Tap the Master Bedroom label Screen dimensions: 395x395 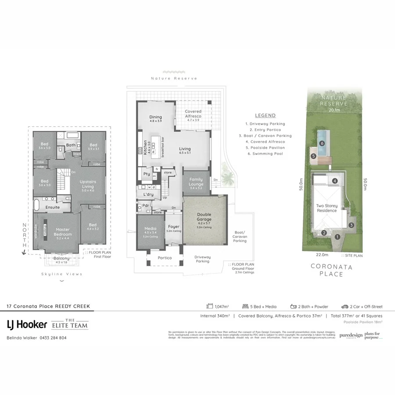coord(63,232)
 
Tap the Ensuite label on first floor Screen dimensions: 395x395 coord(53,207)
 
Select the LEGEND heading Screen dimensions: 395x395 coord(265,115)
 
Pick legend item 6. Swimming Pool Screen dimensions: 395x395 coord(265,154)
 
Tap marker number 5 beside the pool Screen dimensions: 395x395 coord(313,155)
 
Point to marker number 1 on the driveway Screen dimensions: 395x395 coord(337,237)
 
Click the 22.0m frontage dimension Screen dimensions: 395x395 coord(322,255)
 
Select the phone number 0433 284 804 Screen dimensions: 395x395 coord(54,338)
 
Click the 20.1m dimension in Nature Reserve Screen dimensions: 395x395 coord(334,110)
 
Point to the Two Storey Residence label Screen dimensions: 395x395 coord(327,208)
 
